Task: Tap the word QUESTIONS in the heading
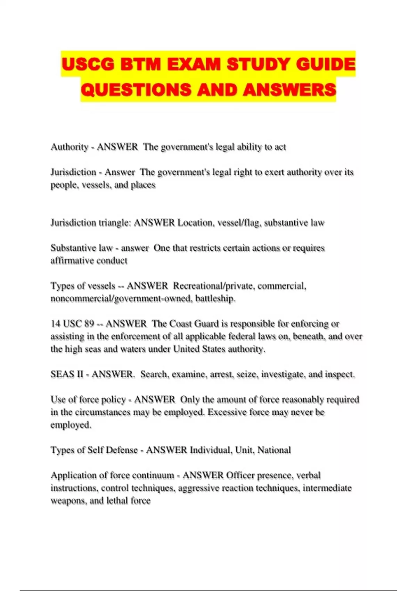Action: click(x=136, y=90)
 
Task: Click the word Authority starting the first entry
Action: click(x=69, y=147)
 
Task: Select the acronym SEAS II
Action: click(x=67, y=374)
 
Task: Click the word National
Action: click(x=274, y=450)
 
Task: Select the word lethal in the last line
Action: click(x=116, y=501)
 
